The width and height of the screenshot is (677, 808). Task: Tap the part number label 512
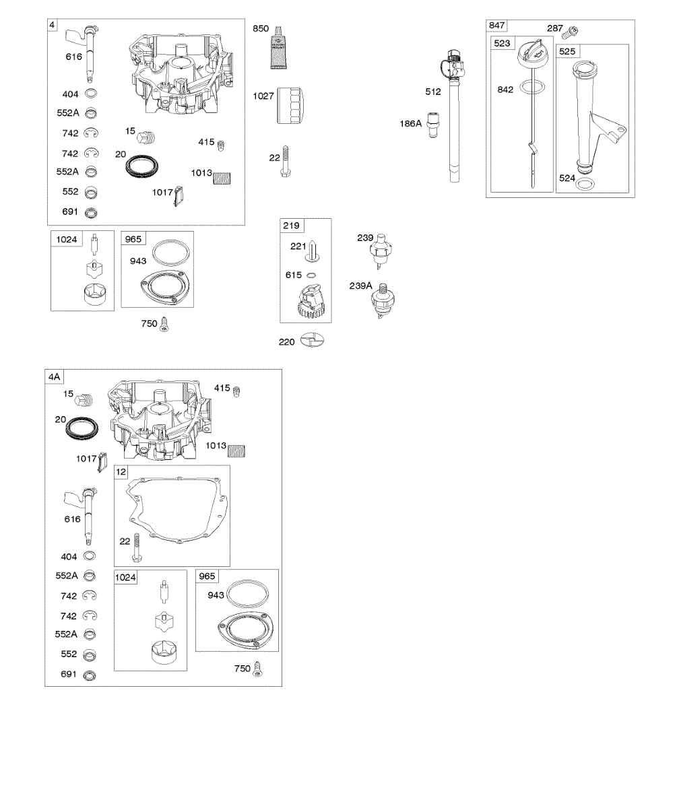pyautogui.click(x=433, y=92)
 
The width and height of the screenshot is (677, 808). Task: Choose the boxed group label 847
pyautogui.click(x=496, y=26)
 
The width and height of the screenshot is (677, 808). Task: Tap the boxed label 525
pyautogui.click(x=567, y=51)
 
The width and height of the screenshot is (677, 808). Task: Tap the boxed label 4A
pyautogui.click(x=54, y=377)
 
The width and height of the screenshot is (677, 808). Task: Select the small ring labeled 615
pyautogui.click(x=311, y=275)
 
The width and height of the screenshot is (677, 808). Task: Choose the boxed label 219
pyautogui.click(x=292, y=226)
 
